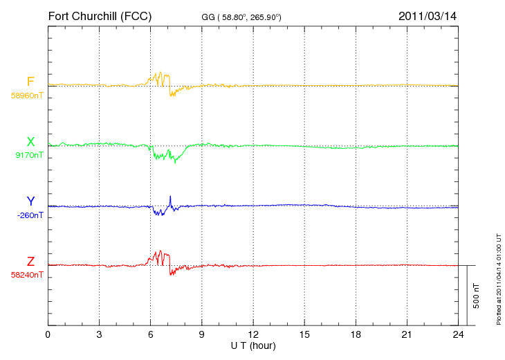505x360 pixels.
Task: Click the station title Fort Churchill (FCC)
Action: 100,17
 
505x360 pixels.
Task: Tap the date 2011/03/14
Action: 428,16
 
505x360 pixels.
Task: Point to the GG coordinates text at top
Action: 241,17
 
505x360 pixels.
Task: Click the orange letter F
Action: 30,82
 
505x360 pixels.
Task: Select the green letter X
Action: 30,142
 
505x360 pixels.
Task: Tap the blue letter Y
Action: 30,201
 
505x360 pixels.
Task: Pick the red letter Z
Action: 30,262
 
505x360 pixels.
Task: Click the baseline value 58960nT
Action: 27,96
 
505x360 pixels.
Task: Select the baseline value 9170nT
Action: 29,155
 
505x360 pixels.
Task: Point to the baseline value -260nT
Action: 30,215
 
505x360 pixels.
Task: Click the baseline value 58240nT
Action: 27,275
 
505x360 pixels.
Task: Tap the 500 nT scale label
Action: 477,296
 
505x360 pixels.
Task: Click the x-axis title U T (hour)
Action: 253,346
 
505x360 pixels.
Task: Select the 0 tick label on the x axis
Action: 48,335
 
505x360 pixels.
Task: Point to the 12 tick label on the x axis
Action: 253,335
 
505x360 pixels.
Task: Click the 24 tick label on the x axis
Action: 458,335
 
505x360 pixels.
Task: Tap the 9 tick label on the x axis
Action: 201,335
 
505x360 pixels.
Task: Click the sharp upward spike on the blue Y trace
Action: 170,197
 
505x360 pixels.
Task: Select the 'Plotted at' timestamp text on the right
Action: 499,279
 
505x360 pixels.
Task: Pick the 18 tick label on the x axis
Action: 356,335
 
